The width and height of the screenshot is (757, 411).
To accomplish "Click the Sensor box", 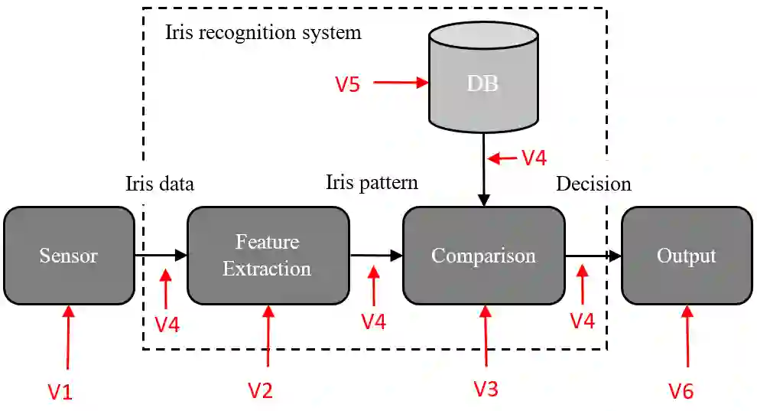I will pos(69,256).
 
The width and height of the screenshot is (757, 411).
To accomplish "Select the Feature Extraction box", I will pos(268,256).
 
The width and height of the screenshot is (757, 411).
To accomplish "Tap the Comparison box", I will pos(483,256).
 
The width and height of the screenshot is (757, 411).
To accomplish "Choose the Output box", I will pos(686,256).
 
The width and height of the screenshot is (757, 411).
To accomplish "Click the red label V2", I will pos(260,391).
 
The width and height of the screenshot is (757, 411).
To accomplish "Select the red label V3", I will pos(486,389).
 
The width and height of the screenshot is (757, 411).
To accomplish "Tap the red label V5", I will pos(347,84).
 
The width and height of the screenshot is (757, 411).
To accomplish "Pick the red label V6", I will pos(681,392).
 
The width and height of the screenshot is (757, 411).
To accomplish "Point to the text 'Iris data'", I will pos(160,184).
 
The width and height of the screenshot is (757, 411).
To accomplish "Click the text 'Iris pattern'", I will pos(372,182).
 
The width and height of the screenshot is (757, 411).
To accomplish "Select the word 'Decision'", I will pos(593,184).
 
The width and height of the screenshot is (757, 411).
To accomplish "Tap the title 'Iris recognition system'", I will pos(263,34).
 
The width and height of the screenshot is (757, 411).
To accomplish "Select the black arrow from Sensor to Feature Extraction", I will pos(161,256).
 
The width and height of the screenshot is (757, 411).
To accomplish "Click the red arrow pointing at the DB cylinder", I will pos(400,83).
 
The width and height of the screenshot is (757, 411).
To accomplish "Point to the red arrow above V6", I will pos(688,337).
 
